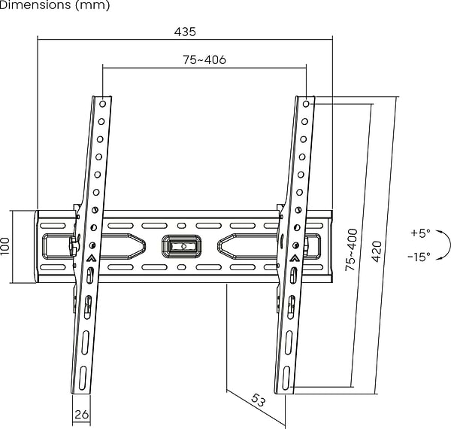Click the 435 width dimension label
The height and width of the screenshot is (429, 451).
point(185,32)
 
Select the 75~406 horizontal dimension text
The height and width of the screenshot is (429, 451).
point(204,59)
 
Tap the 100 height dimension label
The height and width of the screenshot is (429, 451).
point(5,246)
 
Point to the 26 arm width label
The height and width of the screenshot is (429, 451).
point(81,414)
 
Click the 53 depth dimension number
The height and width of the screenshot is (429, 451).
point(258,400)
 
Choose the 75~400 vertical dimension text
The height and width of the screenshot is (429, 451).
point(351,250)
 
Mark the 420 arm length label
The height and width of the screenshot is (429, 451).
point(377,251)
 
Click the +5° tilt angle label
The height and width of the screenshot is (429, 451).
point(420,233)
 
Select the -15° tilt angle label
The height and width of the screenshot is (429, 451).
point(419,256)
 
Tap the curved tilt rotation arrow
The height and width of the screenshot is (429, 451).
point(449,245)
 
